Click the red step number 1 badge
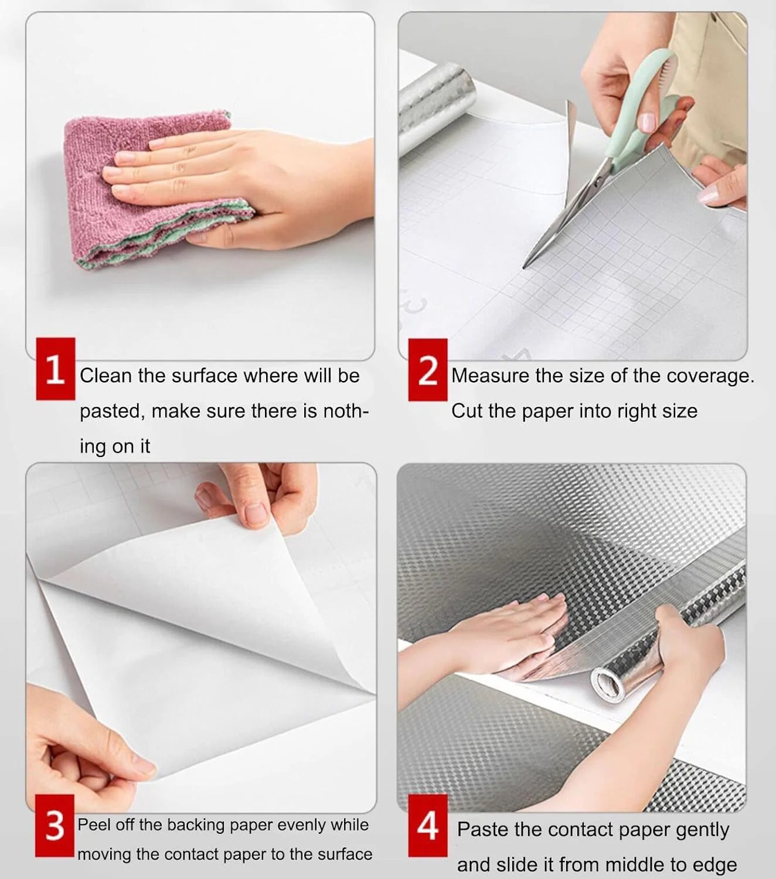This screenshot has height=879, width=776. [x=56, y=369]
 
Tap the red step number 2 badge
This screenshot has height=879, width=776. [x=427, y=370]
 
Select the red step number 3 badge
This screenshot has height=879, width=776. [x=55, y=826]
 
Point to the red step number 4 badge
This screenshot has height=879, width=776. [x=427, y=826]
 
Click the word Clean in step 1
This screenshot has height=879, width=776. [x=106, y=376]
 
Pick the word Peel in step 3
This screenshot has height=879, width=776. [x=94, y=825]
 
